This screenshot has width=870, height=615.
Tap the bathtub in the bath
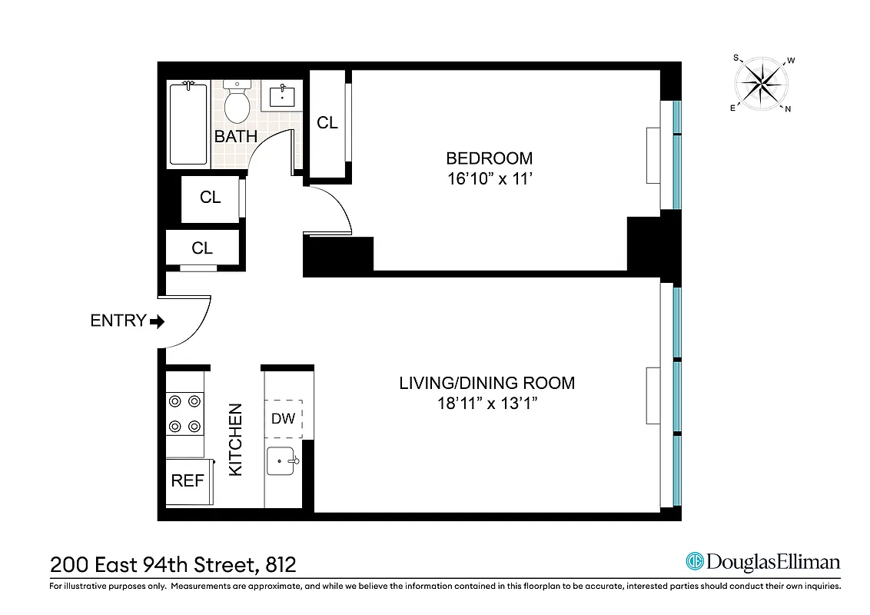click(x=188, y=125)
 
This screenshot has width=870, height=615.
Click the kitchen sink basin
click(x=283, y=461)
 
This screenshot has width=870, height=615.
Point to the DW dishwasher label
click(x=282, y=419)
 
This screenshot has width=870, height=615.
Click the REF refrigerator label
click(x=188, y=480)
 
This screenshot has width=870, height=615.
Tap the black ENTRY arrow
click(x=158, y=321)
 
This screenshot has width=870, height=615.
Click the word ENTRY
click(x=118, y=321)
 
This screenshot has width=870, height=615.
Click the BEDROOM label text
click(x=489, y=158)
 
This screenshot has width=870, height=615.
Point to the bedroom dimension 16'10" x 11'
click(x=489, y=179)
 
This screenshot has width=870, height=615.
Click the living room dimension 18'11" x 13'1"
click(x=486, y=404)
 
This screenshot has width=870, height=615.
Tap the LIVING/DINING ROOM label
click(x=486, y=383)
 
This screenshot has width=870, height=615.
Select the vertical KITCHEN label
click(x=235, y=439)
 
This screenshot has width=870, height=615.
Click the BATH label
click(x=235, y=137)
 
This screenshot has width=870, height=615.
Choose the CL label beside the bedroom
click(x=327, y=123)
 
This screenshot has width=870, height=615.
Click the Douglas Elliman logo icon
click(x=695, y=561)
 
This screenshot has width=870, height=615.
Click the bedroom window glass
click(x=677, y=154)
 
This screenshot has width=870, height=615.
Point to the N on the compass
click(x=788, y=109)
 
